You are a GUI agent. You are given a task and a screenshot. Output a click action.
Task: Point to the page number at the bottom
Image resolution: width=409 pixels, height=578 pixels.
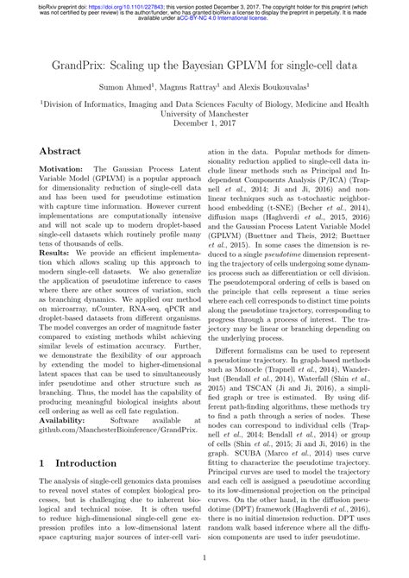pos(204,557)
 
